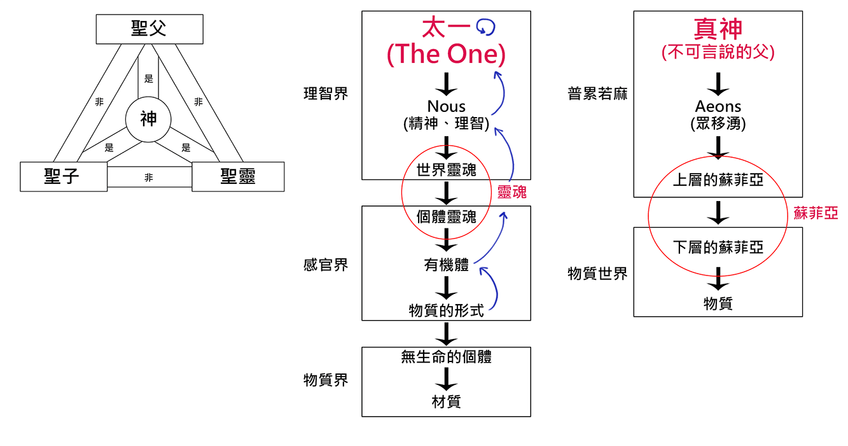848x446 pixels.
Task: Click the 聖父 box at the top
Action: pyautogui.click(x=149, y=29)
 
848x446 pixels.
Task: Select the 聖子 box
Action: pyautogui.click(x=63, y=176)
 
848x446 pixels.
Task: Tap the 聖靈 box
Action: pyautogui.click(x=238, y=176)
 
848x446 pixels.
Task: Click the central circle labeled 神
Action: pyautogui.click(x=148, y=119)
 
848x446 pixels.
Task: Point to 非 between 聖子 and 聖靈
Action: pyautogui.click(x=149, y=178)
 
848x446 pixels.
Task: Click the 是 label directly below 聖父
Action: pyautogui.click(x=149, y=79)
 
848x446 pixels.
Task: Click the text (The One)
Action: pyautogui.click(x=446, y=55)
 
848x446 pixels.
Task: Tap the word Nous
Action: pyautogui.click(x=446, y=106)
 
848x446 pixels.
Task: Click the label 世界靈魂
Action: pyautogui.click(x=446, y=170)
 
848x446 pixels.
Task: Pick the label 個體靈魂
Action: pyautogui.click(x=446, y=217)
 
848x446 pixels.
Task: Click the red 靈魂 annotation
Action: pyautogui.click(x=511, y=193)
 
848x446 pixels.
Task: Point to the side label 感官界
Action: pyautogui.click(x=326, y=265)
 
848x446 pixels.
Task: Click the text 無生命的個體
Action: pyautogui.click(x=446, y=357)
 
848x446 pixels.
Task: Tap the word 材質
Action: pyautogui.click(x=446, y=401)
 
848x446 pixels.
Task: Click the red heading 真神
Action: pyautogui.click(x=718, y=30)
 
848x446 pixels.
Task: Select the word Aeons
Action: pyautogui.click(x=718, y=106)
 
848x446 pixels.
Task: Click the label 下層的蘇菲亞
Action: pyautogui.click(x=718, y=247)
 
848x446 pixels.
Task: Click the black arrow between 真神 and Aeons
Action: pyautogui.click(x=718, y=83)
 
